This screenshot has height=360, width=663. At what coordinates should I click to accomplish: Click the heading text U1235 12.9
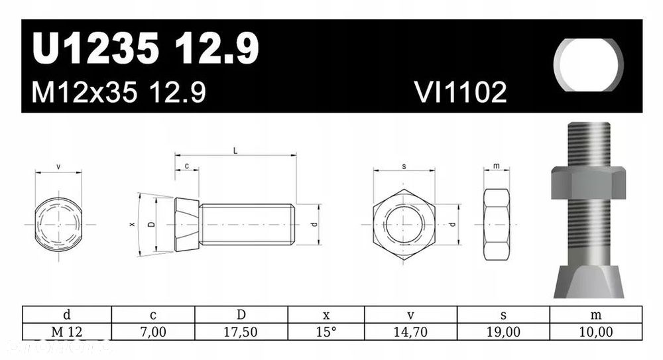[145, 48]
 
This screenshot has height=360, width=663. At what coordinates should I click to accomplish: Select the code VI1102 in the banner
[461, 92]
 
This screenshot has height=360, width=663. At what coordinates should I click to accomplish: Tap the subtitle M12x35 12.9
[119, 92]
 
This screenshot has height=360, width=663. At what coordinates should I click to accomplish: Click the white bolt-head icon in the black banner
[589, 65]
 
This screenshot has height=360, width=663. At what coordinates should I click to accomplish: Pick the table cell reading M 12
[66, 332]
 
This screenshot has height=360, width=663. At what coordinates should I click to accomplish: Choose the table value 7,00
[153, 332]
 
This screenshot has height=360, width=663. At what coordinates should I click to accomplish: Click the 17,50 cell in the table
[241, 332]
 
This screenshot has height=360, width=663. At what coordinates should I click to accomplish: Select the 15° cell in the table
[326, 332]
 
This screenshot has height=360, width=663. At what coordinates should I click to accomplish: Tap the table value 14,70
[410, 332]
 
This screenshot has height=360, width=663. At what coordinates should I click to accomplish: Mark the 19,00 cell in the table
[503, 332]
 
